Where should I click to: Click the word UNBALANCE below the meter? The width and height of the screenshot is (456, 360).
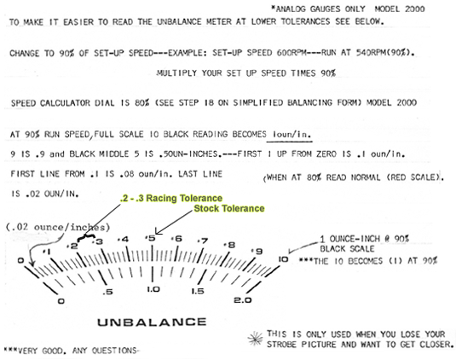[152, 322]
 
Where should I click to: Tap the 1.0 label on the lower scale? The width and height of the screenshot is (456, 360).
[153, 289]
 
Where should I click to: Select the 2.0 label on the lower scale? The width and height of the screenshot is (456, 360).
[243, 300]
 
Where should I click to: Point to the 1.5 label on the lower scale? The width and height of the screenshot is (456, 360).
[198, 291]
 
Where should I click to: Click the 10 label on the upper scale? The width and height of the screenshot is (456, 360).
[283, 258]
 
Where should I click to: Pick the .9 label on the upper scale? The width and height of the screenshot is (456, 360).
[257, 251]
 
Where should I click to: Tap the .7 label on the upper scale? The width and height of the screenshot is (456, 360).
[203, 241]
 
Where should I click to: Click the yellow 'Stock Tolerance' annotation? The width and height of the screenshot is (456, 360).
[229, 208]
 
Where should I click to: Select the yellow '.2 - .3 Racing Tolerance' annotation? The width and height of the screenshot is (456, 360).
[171, 198]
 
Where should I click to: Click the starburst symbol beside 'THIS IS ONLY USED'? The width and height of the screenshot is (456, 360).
[256, 339]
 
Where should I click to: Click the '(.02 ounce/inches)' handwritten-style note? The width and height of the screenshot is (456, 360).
[58, 227]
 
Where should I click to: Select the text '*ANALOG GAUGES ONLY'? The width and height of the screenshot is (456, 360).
[318, 9]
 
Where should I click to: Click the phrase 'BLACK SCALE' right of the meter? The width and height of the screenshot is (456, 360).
[347, 249]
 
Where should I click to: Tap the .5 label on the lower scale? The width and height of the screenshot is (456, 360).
[107, 292]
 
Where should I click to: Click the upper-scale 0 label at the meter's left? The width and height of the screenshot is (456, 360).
[20, 260]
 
